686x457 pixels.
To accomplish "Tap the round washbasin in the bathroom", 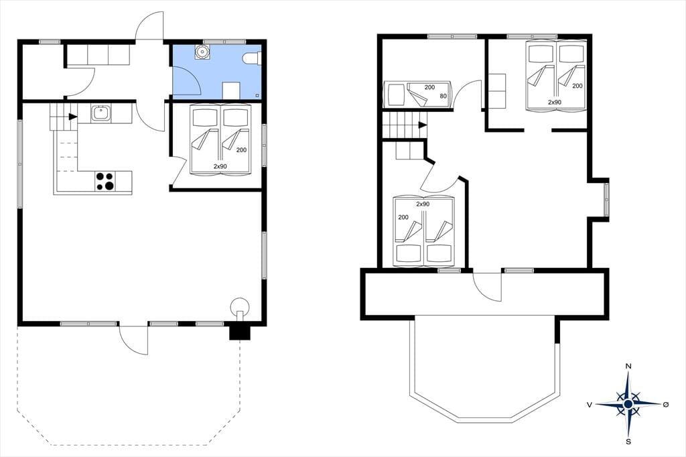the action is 202,52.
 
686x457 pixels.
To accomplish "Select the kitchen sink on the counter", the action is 101,114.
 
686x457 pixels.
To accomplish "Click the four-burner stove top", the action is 105,181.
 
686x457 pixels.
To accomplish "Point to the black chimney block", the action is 239,332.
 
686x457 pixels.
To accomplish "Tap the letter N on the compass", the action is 628,366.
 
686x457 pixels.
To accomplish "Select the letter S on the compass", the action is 628,441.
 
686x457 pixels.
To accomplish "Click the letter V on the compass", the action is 590,405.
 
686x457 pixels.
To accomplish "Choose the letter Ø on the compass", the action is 666,405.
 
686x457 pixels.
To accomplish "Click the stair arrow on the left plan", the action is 72,117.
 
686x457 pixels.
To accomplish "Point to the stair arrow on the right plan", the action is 423,125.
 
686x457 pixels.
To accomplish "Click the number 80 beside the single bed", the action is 443,96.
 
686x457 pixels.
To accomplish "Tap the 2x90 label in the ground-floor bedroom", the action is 220,166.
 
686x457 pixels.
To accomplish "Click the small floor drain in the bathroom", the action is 257,95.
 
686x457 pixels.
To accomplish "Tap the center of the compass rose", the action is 628,403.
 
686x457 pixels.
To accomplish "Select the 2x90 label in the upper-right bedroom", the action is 554,102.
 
